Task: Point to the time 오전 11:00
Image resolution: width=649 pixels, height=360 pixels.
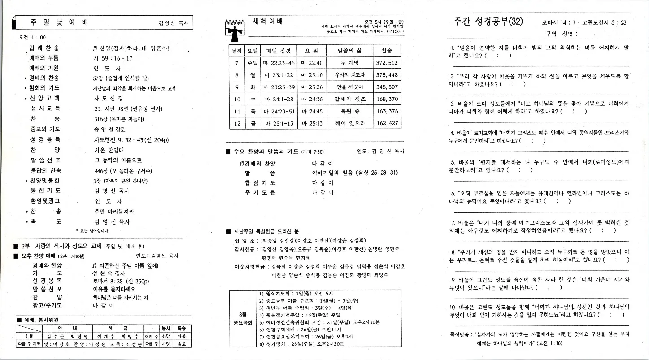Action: (x=32, y=37)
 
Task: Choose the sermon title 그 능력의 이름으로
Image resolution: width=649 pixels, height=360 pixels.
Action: (x=118, y=160)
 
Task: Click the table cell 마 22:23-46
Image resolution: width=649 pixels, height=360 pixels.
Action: (x=279, y=63)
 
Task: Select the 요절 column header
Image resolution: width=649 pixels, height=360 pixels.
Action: (x=311, y=51)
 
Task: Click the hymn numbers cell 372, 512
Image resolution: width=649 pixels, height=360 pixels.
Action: (x=387, y=63)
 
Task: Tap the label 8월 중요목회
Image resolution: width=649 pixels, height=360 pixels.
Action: (x=242, y=318)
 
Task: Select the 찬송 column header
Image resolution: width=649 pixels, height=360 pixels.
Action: (x=387, y=51)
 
